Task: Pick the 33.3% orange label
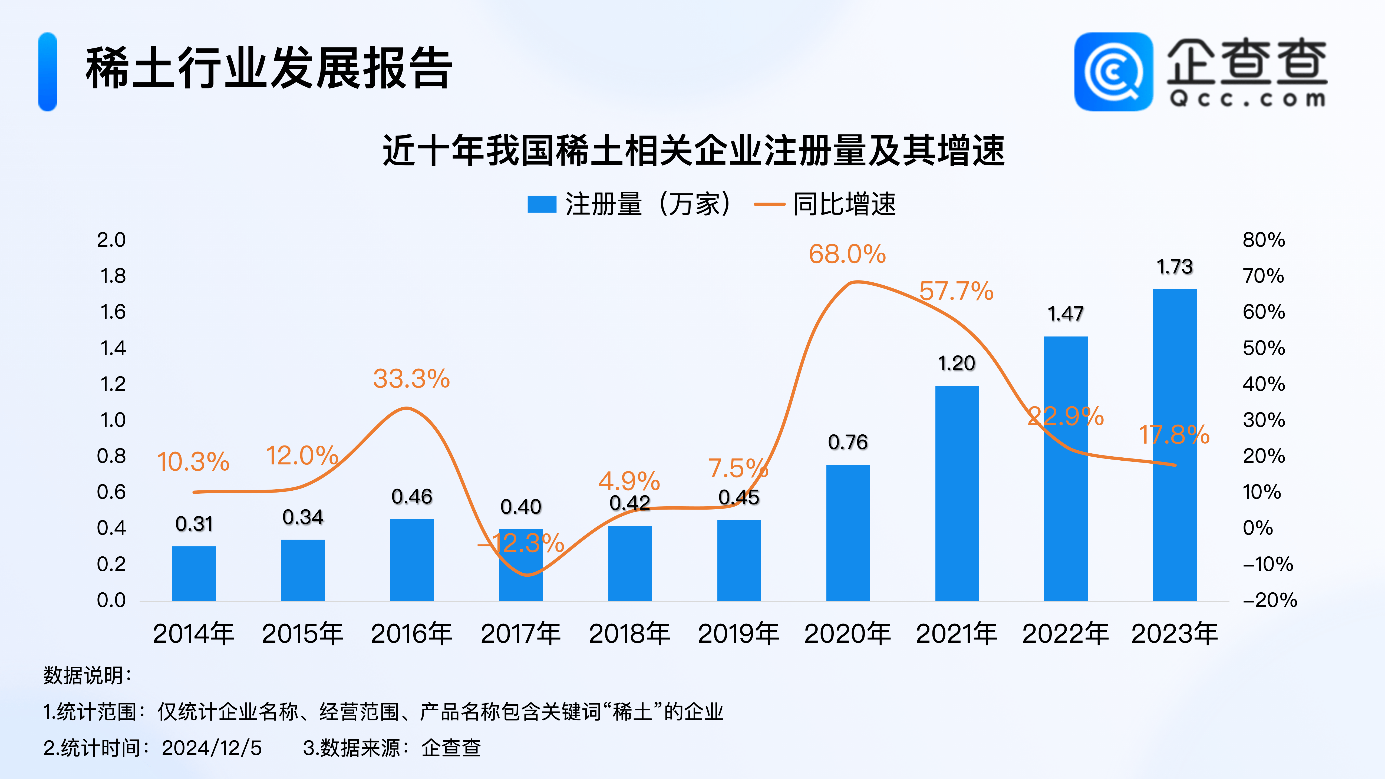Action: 411,379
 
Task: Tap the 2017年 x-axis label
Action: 520,633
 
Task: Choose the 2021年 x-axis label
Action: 957,633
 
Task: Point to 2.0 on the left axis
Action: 111,240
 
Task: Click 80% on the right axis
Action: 1264,240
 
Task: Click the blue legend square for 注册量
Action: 541,204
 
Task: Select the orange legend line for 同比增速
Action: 769,204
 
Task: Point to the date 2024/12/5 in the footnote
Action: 212,748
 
